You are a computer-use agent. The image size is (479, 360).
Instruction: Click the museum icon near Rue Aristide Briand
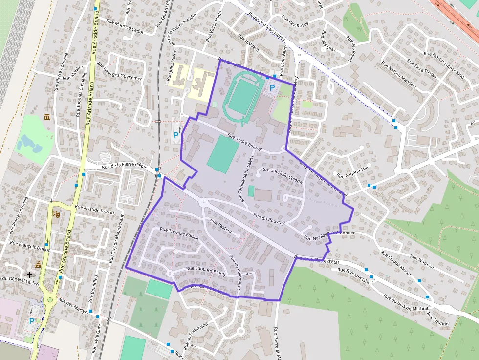(x=47, y=117)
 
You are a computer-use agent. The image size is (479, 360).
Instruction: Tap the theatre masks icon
(x=55, y=214)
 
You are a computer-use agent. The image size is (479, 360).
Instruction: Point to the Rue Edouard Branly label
(x=205, y=270)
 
